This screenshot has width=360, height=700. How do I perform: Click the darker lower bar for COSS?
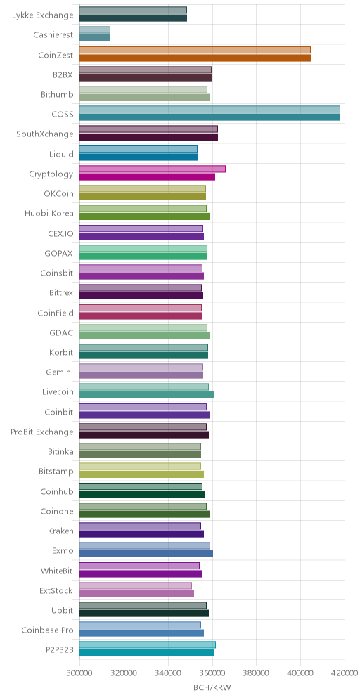click(x=210, y=117)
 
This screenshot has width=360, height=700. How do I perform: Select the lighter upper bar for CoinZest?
click(x=195, y=50)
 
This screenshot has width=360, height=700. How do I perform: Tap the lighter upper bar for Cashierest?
click(x=95, y=30)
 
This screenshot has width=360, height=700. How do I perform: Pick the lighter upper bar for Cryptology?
click(x=153, y=169)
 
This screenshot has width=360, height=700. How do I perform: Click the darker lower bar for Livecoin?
click(x=146, y=395)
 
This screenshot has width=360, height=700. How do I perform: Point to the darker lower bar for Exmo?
click(x=146, y=554)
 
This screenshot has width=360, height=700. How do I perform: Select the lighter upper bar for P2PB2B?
click(x=148, y=644)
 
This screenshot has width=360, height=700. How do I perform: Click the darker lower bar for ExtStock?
click(x=136, y=593)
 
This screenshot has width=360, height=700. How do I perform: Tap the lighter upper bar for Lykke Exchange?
click(x=133, y=11)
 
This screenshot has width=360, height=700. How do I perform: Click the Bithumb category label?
click(x=57, y=94)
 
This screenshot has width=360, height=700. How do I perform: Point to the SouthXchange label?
click(x=45, y=134)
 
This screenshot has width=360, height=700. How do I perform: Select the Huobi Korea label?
click(x=49, y=213)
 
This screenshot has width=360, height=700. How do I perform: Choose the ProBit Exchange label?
click(x=42, y=432)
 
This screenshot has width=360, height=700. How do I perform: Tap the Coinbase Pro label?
click(x=47, y=630)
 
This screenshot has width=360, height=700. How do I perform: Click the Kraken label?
click(x=60, y=531)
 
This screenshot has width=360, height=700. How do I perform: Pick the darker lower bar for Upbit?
click(x=144, y=613)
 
